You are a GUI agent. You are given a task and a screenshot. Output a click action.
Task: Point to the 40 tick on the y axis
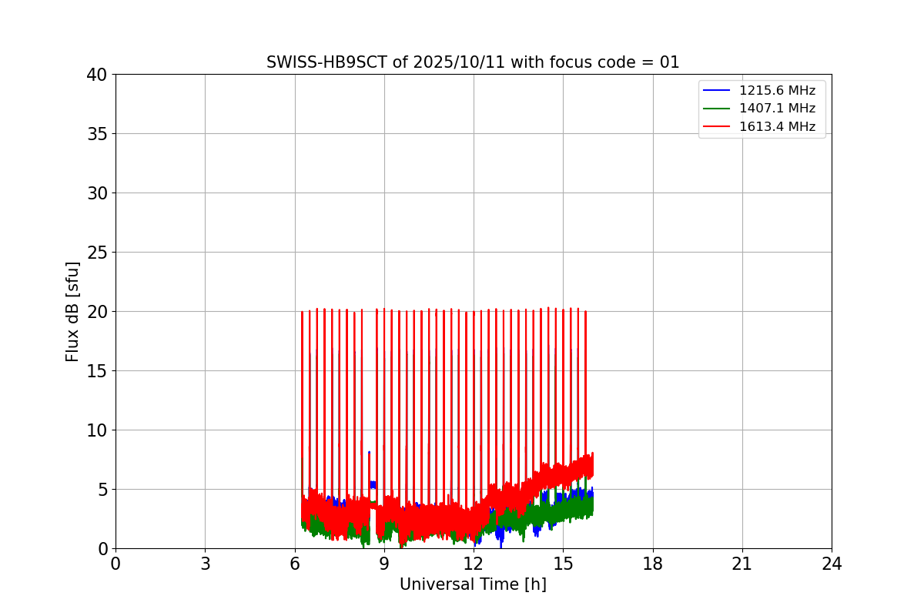(97, 75)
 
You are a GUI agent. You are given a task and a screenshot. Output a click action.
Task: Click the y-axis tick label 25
(97, 253)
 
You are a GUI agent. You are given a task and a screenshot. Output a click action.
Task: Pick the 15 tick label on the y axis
(97, 371)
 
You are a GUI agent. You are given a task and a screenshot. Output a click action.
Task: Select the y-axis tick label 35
(97, 134)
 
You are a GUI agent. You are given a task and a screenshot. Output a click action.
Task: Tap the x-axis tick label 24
(832, 564)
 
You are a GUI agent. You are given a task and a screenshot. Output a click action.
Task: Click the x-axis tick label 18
(653, 564)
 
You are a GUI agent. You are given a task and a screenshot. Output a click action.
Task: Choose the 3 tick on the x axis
(205, 564)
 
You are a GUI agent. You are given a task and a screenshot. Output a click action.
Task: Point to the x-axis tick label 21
(742, 564)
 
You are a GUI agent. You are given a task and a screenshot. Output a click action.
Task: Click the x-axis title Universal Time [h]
(473, 584)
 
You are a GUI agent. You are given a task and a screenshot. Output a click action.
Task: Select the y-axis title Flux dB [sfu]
(73, 311)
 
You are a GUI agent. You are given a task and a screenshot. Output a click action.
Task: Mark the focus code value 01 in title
(669, 62)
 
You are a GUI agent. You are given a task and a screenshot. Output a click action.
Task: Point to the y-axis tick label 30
(97, 193)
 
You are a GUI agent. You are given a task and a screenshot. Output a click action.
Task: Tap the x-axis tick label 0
(115, 564)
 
